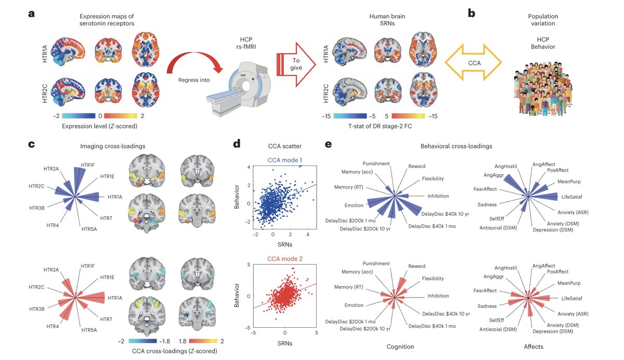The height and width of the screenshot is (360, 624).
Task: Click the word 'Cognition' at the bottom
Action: (400, 346)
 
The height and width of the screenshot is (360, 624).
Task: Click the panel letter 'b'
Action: (472, 14)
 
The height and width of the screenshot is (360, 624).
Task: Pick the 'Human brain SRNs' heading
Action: (380, 20)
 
